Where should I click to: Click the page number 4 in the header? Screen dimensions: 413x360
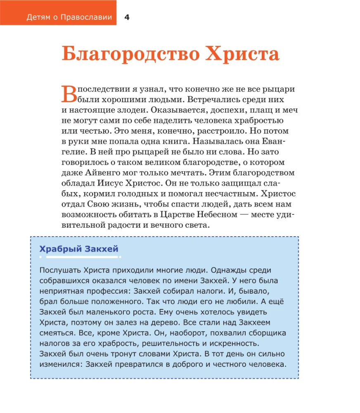pyautogui.click(x=127, y=17)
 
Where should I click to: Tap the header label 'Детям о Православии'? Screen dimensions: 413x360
pyautogui.click(x=69, y=17)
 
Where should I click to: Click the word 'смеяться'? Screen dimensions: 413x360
pyautogui.click(x=57, y=332)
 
